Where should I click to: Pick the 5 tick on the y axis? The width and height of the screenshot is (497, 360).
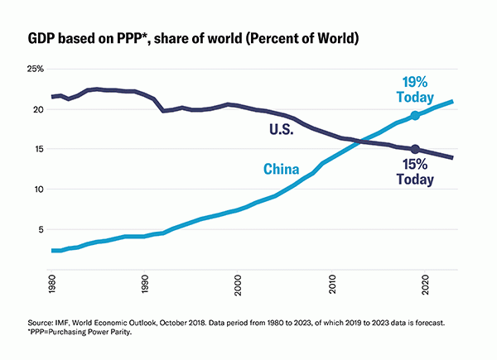click(39, 229)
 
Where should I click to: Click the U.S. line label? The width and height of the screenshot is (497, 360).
click(282, 129)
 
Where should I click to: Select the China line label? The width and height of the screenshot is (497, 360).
click(281, 170)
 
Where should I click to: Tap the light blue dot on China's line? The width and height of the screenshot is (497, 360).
click(415, 116)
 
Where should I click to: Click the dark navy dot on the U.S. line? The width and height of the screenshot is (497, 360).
click(415, 150)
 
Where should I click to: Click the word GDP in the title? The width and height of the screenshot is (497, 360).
click(44, 39)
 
